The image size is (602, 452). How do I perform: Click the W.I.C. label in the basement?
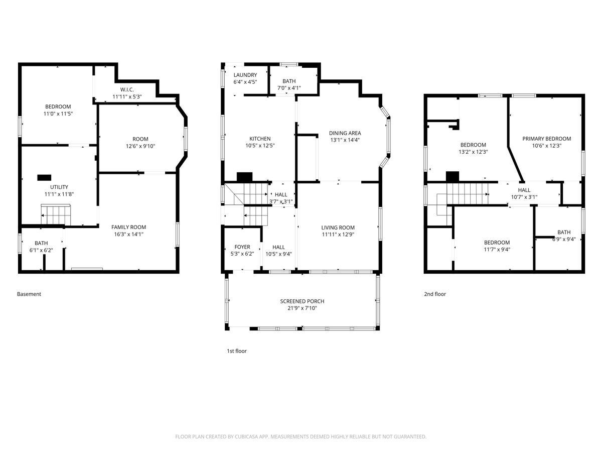pyautogui.click(x=127, y=89)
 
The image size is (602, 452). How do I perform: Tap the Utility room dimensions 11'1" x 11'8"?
pyautogui.click(x=59, y=194)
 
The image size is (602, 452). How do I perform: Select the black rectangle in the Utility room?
pyautogui.click(x=44, y=178)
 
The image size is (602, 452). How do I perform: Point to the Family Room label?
pyautogui.click(x=128, y=227)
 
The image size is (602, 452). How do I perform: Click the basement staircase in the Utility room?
pyautogui.click(x=56, y=214)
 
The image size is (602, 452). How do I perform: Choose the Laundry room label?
pyautogui.click(x=245, y=75)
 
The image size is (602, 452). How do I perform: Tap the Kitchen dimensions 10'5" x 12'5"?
pyautogui.click(x=260, y=146)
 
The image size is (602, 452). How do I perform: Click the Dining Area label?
pyautogui.click(x=345, y=133)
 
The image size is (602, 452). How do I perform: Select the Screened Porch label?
pyautogui.click(x=302, y=301)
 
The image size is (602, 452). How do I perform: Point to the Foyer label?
pyautogui.click(x=242, y=247)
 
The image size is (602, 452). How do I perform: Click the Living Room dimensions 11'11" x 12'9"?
pyautogui.click(x=338, y=235)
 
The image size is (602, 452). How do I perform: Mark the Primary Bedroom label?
pyautogui.click(x=547, y=139)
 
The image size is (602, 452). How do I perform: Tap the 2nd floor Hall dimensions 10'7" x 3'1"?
pyautogui.click(x=524, y=197)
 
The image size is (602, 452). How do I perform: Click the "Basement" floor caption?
pyautogui.click(x=29, y=294)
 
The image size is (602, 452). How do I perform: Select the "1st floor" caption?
pyautogui.click(x=237, y=351)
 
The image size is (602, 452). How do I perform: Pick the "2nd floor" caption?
pyautogui.click(x=435, y=294)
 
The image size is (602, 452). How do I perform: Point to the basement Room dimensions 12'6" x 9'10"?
pyautogui.click(x=140, y=146)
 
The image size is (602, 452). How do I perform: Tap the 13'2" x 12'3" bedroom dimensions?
pyautogui.click(x=473, y=152)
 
